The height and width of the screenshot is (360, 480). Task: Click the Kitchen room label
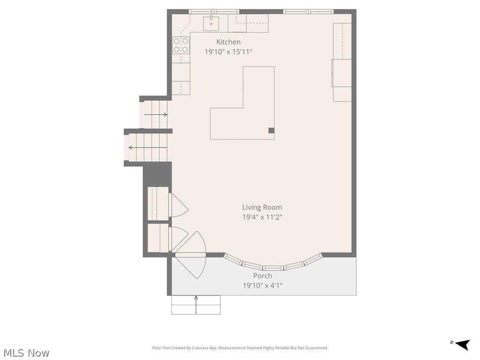coord(228,42)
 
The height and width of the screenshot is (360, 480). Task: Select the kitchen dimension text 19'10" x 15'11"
coord(228,52)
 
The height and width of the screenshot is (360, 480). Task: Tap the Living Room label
coord(262,207)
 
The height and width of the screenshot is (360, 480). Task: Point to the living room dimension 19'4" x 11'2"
coord(262,217)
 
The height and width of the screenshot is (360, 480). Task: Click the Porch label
coord(262,276)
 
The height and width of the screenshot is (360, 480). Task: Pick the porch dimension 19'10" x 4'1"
coord(262,285)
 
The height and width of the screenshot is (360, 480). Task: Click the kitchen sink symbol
coord(211,21)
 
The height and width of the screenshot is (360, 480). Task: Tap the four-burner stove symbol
coord(181,45)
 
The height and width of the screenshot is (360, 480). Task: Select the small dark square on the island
coord(271,131)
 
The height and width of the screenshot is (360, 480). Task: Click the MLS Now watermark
coord(26,353)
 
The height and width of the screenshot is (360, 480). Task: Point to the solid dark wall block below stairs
coord(157,174)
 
